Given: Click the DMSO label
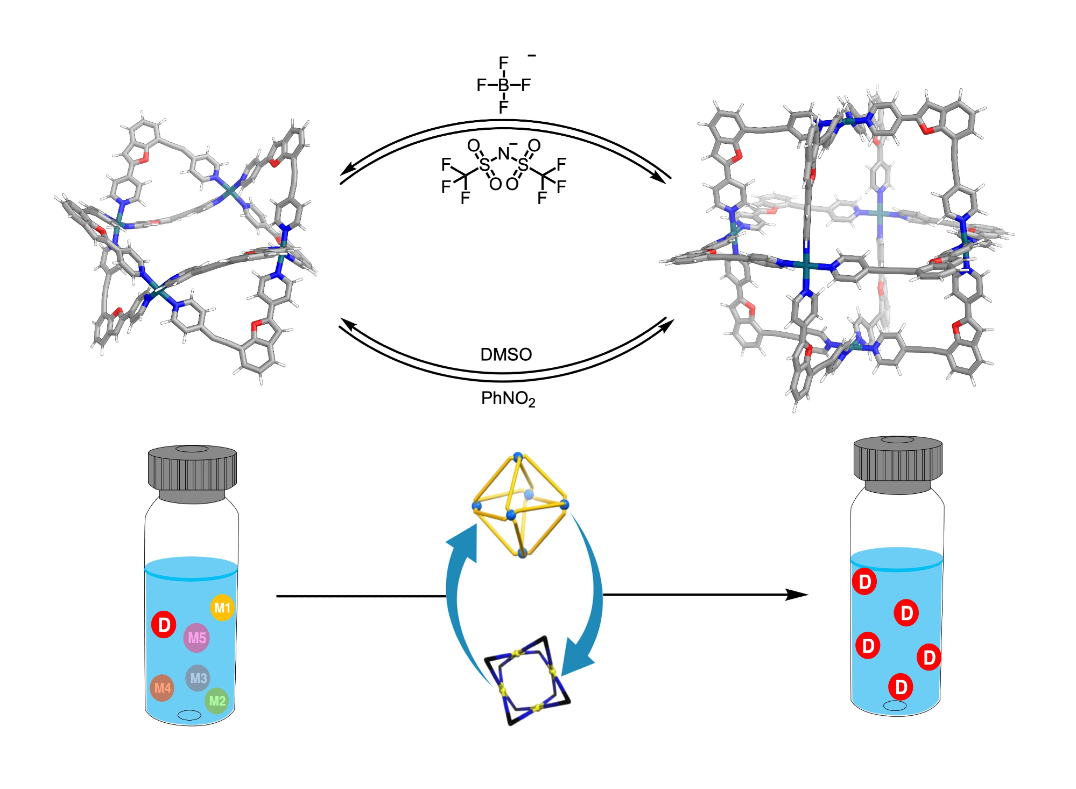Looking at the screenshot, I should pos(505,354).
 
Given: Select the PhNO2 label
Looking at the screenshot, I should pos(508,399).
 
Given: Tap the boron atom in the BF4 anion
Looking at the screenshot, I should pos(503,85).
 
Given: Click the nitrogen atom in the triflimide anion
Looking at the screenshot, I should pos(503,154).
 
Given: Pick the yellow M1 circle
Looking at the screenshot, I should pos(222,608).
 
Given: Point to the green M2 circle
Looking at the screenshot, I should pos(217,701).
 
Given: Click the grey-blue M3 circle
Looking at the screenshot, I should pos(198,678).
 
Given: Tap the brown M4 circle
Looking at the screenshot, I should pos(162,688).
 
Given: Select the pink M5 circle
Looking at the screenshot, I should pos(196,638).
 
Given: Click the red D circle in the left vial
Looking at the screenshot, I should pos(164,624).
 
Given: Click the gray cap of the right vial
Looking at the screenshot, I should pos(898,463).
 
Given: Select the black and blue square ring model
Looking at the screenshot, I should pos(528,680).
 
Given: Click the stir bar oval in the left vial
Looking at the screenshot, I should pos(189,715).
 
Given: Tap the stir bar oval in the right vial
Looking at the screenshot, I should pos(895,706).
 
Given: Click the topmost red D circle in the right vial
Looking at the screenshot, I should pos(864,582).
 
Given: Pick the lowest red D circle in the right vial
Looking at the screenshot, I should pos(901,687).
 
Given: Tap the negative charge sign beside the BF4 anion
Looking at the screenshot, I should pos(532,55).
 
